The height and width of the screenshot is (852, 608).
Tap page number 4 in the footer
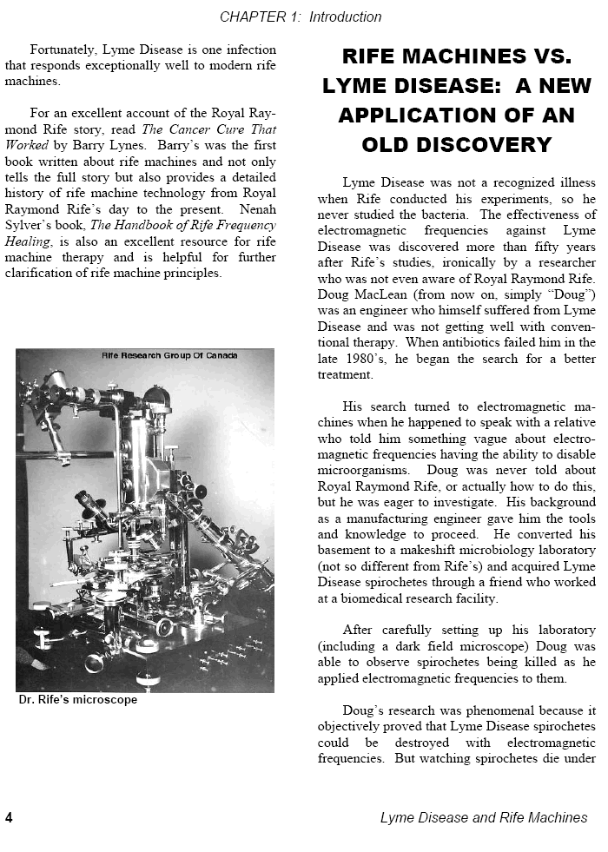coord(9,817)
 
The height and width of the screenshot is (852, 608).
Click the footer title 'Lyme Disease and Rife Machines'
coord(483,817)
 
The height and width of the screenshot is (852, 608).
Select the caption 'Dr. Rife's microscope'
coord(77,700)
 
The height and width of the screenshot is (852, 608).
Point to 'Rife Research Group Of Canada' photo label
coord(169,355)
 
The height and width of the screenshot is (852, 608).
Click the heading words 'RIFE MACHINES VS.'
coord(457,58)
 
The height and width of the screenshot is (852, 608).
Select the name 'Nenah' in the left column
coord(256,209)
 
